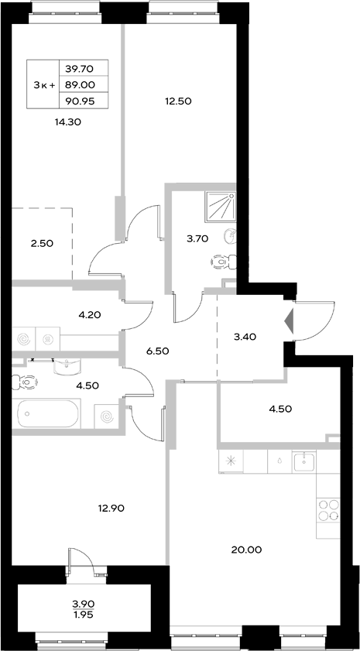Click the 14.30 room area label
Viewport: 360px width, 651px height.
(x=69, y=122)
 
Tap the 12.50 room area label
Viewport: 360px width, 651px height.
(x=177, y=101)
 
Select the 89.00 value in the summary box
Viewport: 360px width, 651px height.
(x=81, y=84)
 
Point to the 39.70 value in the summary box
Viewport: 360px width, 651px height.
(x=81, y=68)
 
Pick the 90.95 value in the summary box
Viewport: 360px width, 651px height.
(x=81, y=99)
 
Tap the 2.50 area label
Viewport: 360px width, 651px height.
(x=42, y=244)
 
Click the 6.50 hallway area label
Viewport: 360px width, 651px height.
(x=157, y=351)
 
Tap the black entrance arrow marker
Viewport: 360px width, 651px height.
(x=290, y=320)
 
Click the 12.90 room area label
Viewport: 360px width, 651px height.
(x=111, y=509)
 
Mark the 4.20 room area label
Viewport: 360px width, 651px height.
(x=91, y=315)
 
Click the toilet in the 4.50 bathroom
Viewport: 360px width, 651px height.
(x=26, y=382)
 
